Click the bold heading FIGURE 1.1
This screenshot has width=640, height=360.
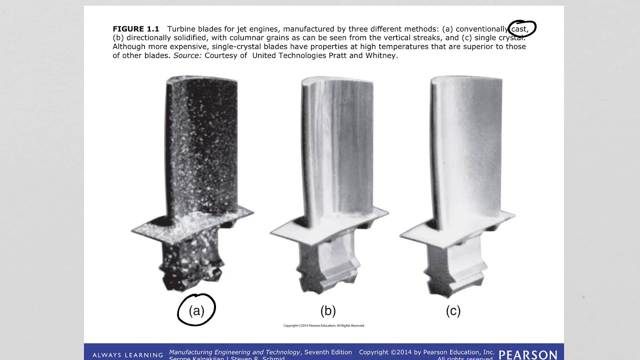pos(135,29)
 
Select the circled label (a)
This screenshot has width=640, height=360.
pos(196,311)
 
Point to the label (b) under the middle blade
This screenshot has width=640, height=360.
pos(328,311)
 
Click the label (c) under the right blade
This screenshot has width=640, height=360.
pos(453,311)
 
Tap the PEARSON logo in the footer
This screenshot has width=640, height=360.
pos(528,354)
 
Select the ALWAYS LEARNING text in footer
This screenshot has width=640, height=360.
pos(127,355)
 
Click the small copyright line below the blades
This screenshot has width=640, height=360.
pos(323,325)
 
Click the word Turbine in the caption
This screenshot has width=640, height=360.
pos(181,29)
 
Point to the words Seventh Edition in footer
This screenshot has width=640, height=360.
pos(328,352)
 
